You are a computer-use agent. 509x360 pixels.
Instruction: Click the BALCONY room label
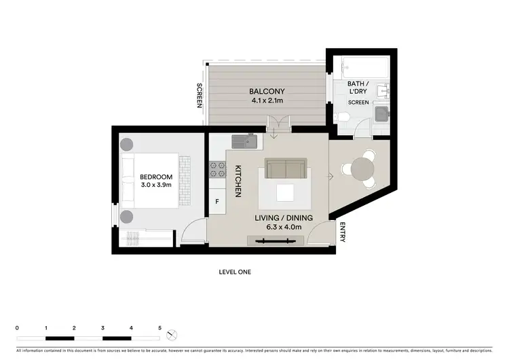[267, 92]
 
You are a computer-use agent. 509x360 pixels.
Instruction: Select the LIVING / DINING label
[284, 217]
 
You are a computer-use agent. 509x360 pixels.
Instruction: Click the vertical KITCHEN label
[238, 181]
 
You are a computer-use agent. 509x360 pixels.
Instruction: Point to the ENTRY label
[343, 232]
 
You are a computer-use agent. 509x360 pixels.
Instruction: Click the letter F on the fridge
[217, 202]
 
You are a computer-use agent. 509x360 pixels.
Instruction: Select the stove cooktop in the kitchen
[217, 166]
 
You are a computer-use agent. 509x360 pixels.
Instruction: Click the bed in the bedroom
[154, 180]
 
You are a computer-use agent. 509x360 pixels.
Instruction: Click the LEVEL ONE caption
[235, 272]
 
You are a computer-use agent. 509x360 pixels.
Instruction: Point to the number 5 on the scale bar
[160, 328]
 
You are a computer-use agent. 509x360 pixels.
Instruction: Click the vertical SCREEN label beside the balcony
[199, 96]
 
